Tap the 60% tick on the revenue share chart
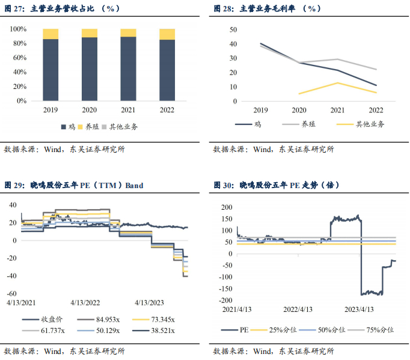tap(18, 58)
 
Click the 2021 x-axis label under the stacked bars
tap(128, 110)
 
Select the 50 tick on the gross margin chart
tap(234, 29)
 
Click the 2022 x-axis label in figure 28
tap(375, 110)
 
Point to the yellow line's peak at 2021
tap(337, 82)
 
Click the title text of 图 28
tap(267, 8)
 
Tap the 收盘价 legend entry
tap(50, 320)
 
